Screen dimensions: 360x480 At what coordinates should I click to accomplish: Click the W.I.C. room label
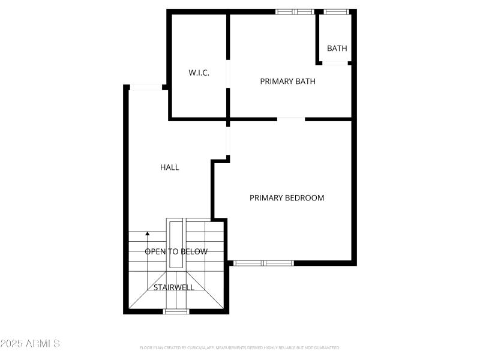point(198,73)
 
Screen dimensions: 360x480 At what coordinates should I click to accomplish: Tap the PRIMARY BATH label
point(287,82)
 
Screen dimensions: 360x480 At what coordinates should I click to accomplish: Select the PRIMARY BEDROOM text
point(287,198)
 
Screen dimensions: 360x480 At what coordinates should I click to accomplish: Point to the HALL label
point(170,167)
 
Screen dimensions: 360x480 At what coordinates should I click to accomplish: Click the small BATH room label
point(337,49)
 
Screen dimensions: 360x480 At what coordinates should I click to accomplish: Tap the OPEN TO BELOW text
point(176,251)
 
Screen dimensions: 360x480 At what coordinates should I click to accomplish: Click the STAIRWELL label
point(173,287)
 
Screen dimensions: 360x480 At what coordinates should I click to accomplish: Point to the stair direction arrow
point(148,234)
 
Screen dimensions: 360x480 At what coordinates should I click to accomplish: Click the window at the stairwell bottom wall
point(176,311)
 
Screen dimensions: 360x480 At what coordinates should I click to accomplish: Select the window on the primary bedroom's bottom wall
point(263,263)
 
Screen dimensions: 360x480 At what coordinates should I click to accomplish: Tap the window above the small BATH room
point(336,11)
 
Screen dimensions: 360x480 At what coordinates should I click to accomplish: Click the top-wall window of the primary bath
point(295,11)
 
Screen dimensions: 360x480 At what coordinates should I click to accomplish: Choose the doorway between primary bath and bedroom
point(291,119)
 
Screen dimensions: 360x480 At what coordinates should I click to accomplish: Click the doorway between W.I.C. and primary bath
point(227,74)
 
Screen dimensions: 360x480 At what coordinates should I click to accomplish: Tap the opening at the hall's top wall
point(146,88)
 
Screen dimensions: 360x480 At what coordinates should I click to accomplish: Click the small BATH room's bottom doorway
point(335,63)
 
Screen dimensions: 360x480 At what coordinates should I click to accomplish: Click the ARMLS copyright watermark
point(30,344)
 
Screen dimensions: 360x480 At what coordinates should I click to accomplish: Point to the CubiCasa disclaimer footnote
point(239,348)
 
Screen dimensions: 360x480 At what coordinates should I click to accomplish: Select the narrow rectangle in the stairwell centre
point(176,245)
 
